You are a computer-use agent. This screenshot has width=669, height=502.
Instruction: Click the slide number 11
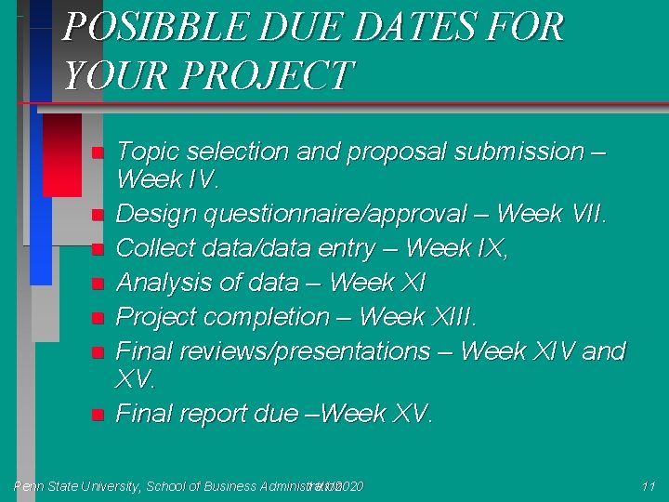649,486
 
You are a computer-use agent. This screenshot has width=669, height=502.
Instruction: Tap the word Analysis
164,283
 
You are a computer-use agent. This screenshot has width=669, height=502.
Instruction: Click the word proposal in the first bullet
406,152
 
